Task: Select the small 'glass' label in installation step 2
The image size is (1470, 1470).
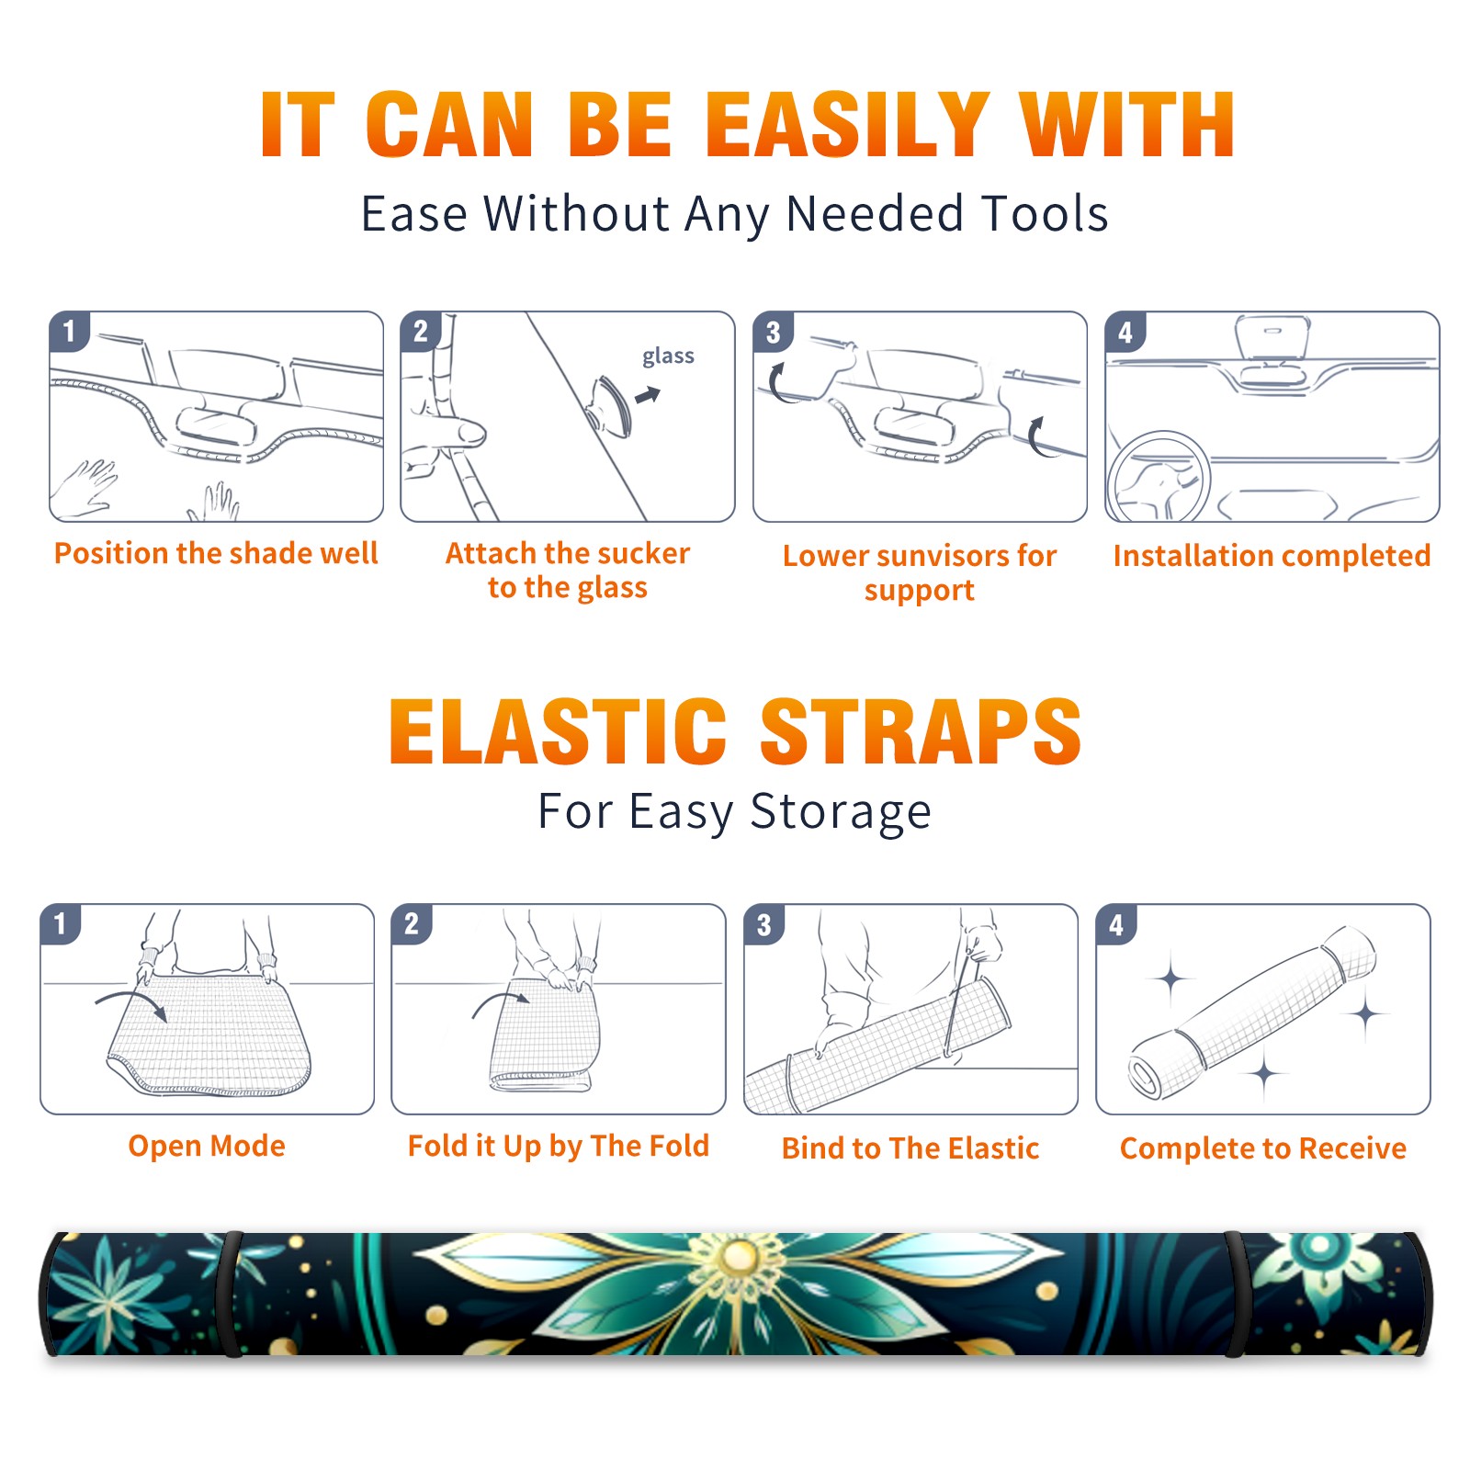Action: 668,356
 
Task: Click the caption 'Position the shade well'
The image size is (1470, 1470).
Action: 216,553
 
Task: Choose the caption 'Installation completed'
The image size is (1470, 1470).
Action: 1272,556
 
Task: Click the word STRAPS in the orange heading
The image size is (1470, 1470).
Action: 921,731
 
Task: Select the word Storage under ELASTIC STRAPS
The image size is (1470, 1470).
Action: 841,813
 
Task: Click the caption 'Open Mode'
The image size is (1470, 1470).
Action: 207,1147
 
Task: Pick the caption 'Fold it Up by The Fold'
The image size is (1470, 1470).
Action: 559,1147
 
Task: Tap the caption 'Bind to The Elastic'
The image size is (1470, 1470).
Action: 910,1148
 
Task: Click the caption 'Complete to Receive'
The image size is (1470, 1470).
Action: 1263,1148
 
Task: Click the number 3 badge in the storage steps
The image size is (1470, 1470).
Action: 764,924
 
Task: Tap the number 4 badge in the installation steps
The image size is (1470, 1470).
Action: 1125,332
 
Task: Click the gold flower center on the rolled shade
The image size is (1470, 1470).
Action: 740,1255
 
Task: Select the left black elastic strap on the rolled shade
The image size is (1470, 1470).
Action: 232,1294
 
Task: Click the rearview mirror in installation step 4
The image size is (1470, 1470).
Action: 1272,338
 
